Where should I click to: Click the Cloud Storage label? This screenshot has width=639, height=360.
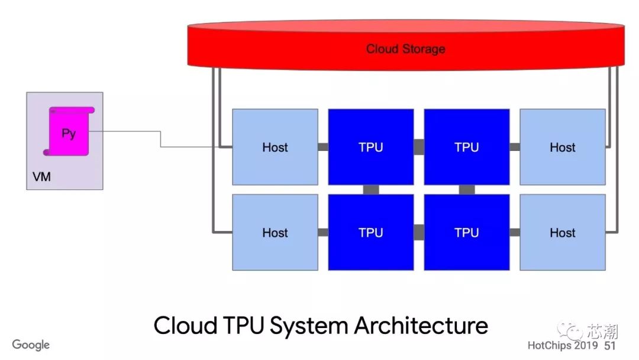coord(405,49)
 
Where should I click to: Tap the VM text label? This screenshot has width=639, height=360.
coord(42,176)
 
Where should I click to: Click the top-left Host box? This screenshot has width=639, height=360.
coord(275,147)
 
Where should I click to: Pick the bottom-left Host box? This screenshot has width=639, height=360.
coord(275,233)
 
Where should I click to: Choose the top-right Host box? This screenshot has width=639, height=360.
coord(562,147)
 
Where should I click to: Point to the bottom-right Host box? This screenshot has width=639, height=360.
coord(562,233)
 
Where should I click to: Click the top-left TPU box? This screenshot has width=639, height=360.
coord(371,147)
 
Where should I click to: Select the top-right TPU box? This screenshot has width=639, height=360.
coord(467,147)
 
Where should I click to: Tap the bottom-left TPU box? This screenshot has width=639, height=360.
coord(371,233)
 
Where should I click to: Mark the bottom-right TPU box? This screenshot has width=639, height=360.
coord(467,233)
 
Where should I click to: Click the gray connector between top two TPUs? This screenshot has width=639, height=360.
coord(419,147)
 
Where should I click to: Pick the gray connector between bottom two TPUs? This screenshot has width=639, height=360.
coord(419,232)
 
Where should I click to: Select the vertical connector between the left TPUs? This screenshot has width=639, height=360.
coord(371,189)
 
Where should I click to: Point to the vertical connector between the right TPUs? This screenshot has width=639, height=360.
coord(467,189)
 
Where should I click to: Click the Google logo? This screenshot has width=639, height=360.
coord(31,345)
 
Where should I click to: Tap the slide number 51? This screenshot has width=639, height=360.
coord(610,345)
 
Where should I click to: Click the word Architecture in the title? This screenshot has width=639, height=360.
coord(421,326)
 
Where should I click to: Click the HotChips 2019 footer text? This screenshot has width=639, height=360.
coord(563,345)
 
